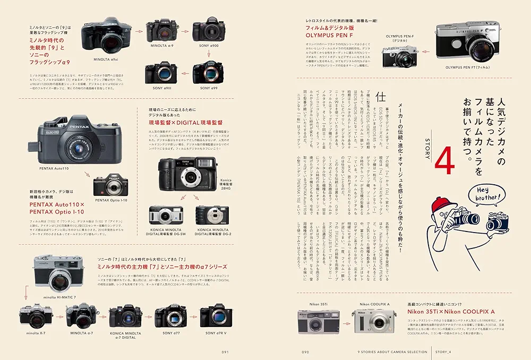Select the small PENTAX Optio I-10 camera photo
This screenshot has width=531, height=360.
(110, 185)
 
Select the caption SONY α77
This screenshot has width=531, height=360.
(170, 333)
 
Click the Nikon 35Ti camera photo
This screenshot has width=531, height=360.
(319, 320)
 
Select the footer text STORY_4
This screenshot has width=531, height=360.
(443, 351)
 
